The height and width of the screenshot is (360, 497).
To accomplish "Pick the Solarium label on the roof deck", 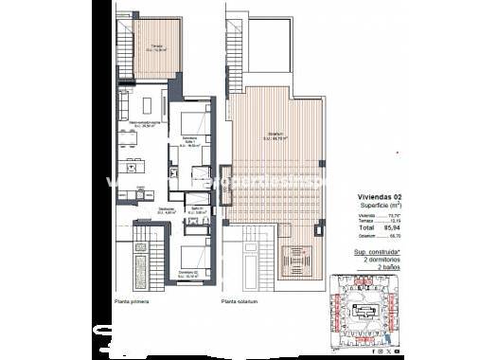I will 276,134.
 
